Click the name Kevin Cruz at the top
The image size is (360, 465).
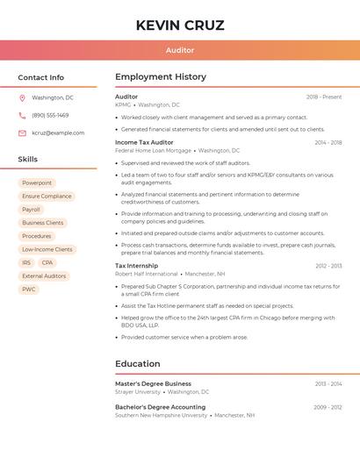pos(180,25)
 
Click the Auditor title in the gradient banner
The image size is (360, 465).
pos(180,50)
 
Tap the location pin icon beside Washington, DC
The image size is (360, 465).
pos(22,97)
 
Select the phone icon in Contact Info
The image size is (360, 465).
pos(22,115)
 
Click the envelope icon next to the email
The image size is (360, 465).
pos(22,132)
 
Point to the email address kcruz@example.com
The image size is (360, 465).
pos(58,132)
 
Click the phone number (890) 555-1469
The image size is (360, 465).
pos(50,115)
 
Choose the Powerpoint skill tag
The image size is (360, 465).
pos(37,183)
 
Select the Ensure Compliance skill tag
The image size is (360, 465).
pos(47,197)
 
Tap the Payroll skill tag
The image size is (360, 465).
pos(31,210)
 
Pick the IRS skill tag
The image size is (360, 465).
pos(26,262)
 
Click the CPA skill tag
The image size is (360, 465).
pos(47,262)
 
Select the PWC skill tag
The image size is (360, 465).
pos(29,289)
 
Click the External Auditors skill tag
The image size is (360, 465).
pos(44,275)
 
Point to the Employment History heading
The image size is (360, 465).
pos(161,77)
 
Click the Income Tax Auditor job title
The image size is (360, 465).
pos(144,142)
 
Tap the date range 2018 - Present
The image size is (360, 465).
pos(324,97)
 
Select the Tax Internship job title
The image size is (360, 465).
pos(137,265)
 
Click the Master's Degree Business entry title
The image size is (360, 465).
pos(153,383)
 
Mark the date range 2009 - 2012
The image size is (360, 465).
pos(328,407)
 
